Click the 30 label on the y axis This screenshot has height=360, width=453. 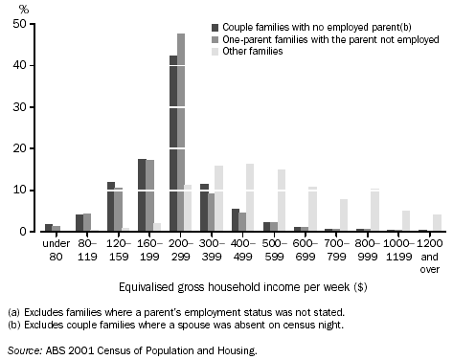[x=19, y=108]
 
